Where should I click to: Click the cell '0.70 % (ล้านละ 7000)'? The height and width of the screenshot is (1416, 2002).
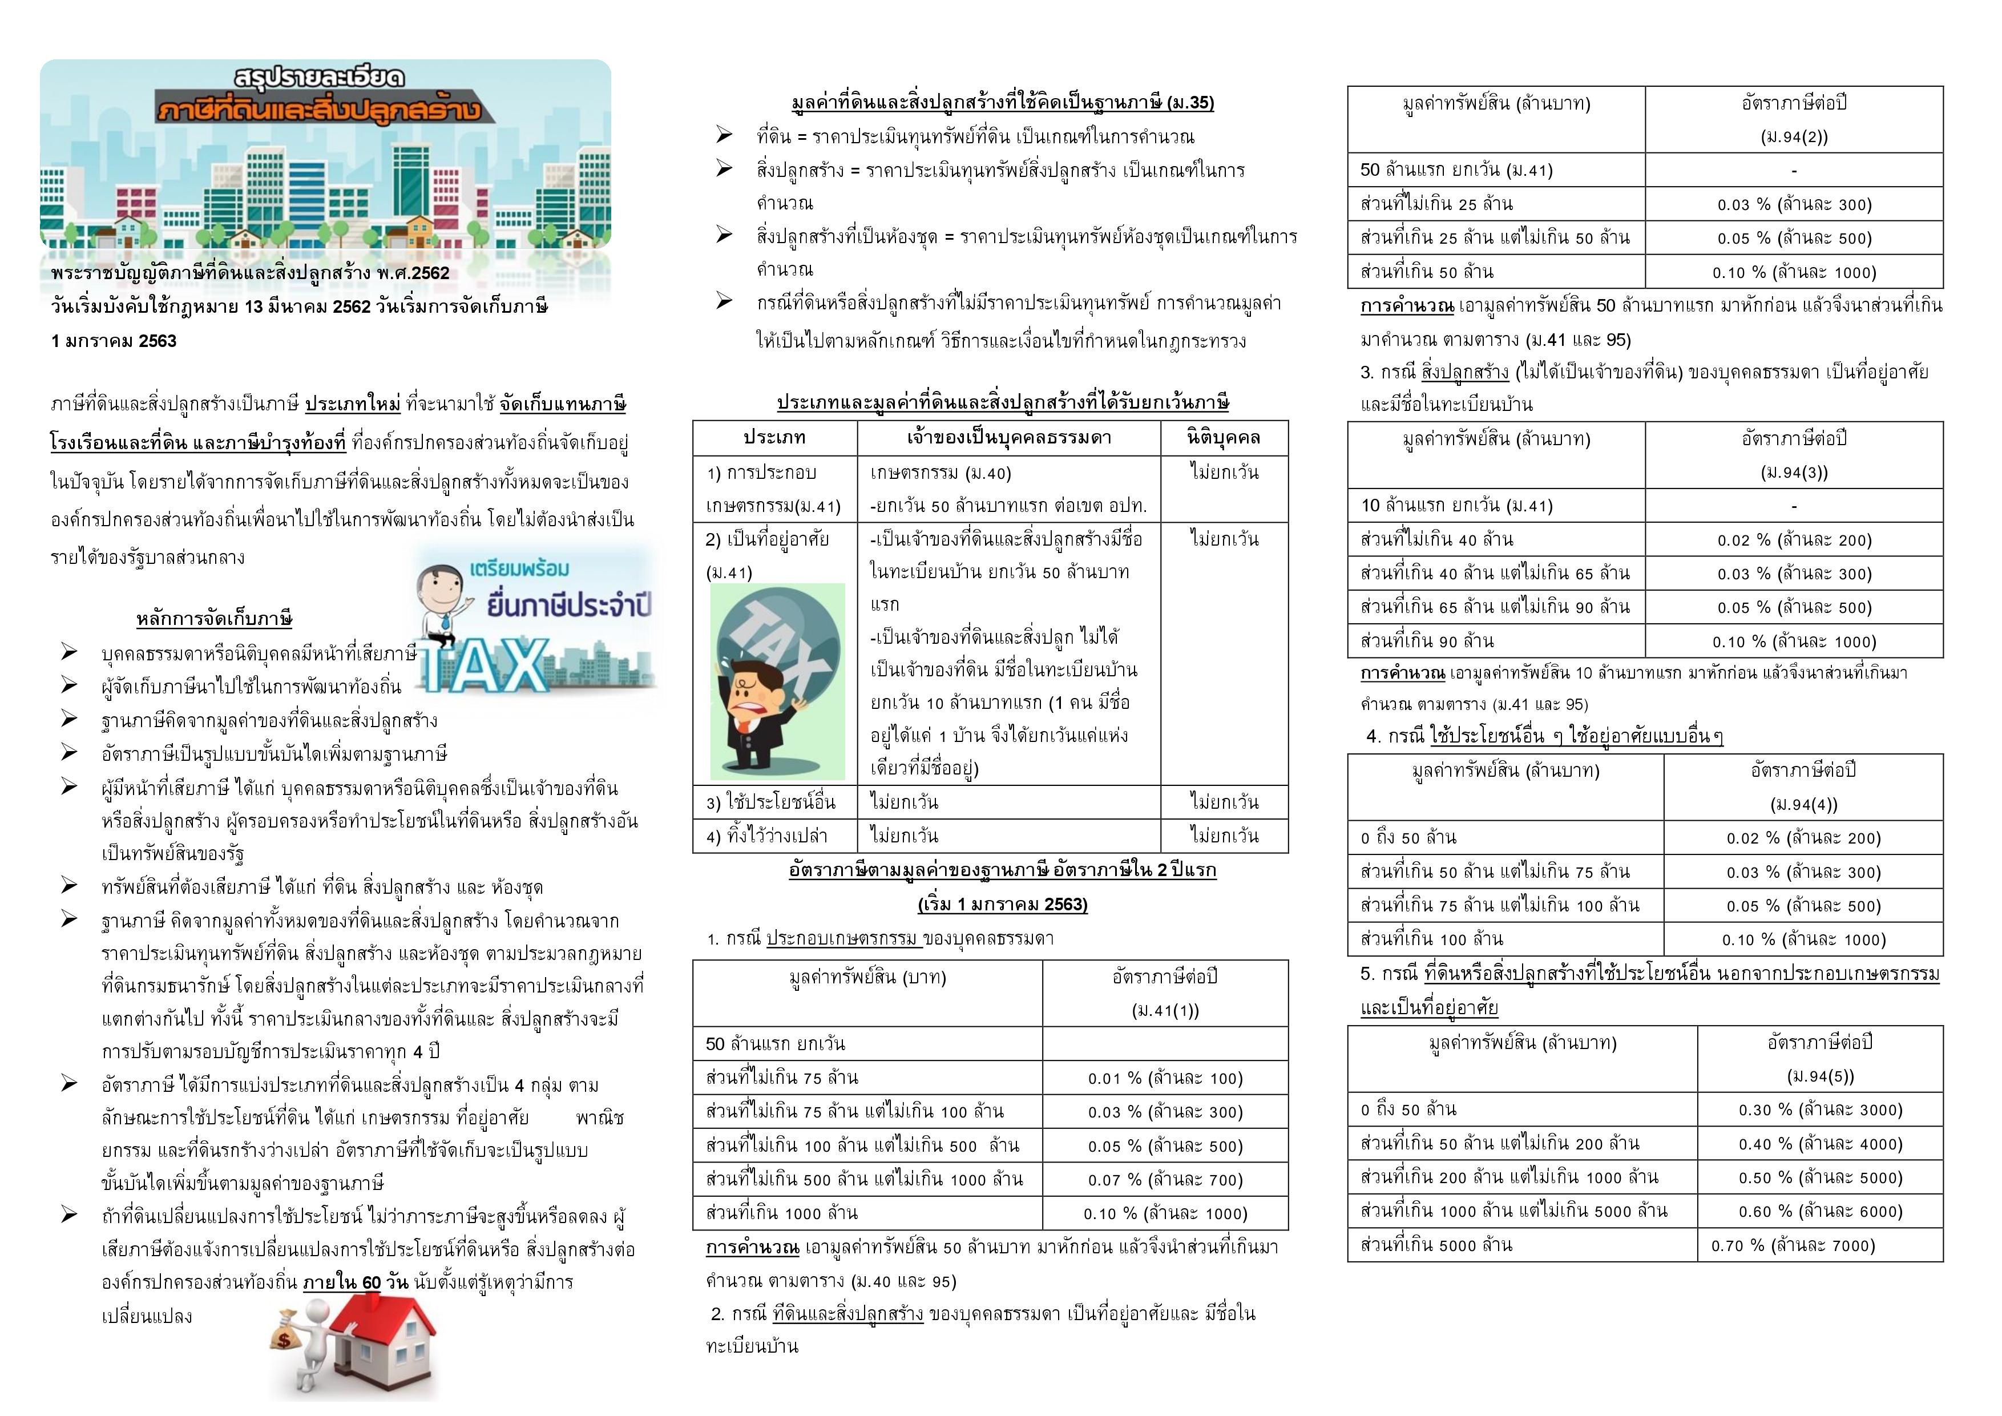[x=1820, y=1245]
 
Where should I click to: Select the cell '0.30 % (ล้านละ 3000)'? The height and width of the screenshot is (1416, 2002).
[x=1820, y=1110]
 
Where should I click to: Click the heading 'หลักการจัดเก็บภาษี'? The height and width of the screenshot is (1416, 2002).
[x=213, y=619]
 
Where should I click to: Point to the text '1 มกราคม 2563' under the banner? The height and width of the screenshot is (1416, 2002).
[x=114, y=341]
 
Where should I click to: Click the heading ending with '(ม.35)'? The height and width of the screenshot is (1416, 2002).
[x=1002, y=103]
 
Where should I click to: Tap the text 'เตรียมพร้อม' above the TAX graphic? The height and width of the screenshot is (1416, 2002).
[x=520, y=568]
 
